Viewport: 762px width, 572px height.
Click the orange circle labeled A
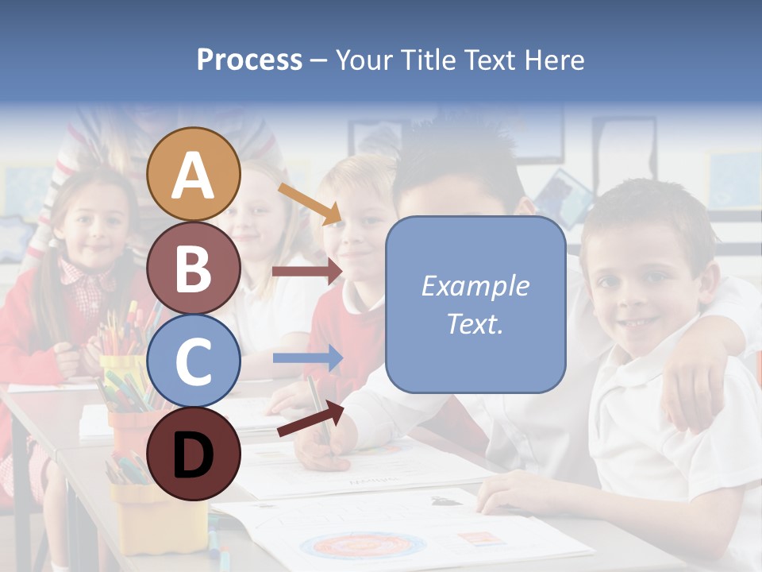pos(194,175)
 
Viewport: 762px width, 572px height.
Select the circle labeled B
pos(194,268)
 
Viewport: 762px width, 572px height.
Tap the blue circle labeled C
pos(194,360)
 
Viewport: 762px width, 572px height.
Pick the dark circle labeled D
pos(194,454)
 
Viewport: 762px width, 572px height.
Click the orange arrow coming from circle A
pos(309,204)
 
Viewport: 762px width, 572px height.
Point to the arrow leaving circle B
pos(306,272)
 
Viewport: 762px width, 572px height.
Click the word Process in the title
pos(249,60)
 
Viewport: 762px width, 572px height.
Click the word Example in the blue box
pos(475,286)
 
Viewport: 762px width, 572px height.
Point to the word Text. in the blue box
pos(475,323)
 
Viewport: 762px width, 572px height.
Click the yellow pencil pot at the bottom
pos(158,516)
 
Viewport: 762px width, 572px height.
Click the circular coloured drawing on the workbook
pos(362,547)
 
